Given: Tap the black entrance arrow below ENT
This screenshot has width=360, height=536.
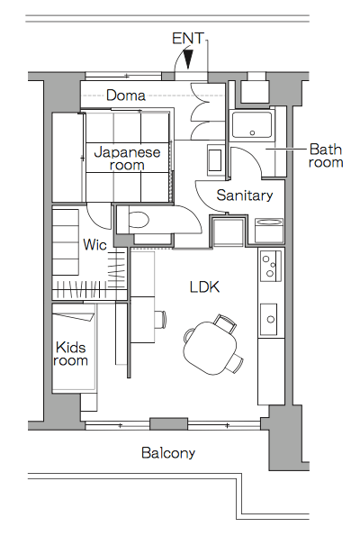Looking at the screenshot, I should pyautogui.click(x=188, y=60).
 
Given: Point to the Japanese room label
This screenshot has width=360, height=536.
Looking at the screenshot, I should pyautogui.click(x=127, y=159).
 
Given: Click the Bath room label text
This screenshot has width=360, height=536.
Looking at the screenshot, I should pyautogui.click(x=325, y=156).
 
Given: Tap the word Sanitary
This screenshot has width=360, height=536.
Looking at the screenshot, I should pyautogui.click(x=245, y=195).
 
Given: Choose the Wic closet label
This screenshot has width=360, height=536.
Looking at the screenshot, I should pyautogui.click(x=95, y=244).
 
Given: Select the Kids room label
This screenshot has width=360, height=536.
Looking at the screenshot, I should pyautogui.click(x=71, y=353).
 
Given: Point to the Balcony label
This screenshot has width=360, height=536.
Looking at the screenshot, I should pyautogui.click(x=168, y=453).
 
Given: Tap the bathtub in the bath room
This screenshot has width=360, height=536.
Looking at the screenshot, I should pyautogui.click(x=251, y=126).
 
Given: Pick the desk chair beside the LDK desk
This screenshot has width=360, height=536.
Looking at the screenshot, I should pyautogui.click(x=159, y=319).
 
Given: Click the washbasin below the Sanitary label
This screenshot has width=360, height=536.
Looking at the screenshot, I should pyautogui.click(x=269, y=229).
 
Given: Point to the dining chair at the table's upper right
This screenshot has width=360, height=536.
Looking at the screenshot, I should pyautogui.click(x=224, y=322).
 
